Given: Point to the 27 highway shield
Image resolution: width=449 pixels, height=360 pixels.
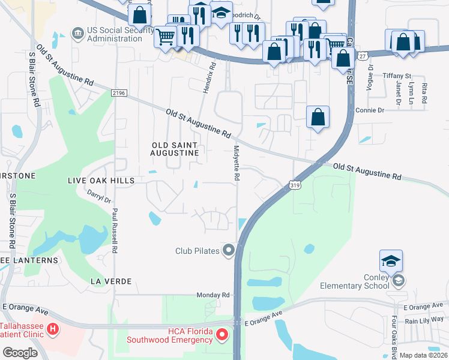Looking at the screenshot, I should click(x=362, y=55).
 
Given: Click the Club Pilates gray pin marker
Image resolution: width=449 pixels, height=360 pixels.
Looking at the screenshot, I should click(x=228, y=250).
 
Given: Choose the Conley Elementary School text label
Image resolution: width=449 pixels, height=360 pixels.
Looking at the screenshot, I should click(x=364, y=281).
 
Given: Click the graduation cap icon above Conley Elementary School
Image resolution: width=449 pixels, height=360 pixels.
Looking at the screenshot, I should click(x=391, y=261).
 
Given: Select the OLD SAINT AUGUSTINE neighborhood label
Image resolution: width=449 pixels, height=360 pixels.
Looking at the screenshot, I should click(x=175, y=149).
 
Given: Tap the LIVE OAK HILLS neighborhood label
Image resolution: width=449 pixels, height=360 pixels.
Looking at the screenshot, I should click(x=100, y=180).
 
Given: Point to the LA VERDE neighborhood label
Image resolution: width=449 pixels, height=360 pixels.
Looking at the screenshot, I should click(x=109, y=281).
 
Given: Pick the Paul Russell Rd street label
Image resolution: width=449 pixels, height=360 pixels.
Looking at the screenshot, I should click(x=113, y=230).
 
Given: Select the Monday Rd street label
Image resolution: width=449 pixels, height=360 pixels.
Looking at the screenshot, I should click(x=213, y=295).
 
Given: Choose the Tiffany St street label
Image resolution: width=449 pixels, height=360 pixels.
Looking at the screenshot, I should click(x=397, y=76).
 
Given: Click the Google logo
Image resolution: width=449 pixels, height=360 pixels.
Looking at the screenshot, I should click(x=20, y=352).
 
